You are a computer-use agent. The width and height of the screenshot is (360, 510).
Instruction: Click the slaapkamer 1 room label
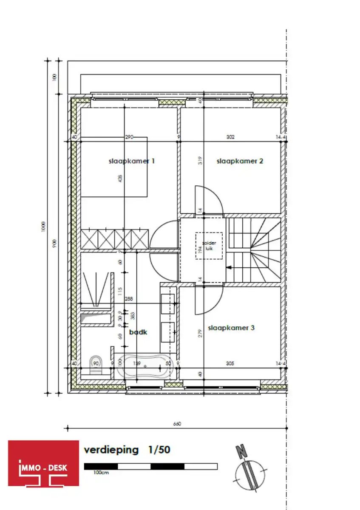tap(132, 161)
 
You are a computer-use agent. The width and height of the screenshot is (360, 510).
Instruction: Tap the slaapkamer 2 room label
tap(240, 161)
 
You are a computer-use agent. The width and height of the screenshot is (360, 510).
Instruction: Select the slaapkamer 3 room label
tap(231, 328)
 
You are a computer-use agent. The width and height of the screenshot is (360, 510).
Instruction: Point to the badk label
tap(138, 332)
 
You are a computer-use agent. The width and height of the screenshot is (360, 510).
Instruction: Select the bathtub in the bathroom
tap(145, 366)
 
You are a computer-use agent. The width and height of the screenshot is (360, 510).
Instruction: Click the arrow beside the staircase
tap(228, 267)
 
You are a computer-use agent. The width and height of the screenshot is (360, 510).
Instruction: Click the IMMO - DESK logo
tap(44, 463)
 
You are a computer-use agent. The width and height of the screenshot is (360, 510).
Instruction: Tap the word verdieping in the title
tap(111, 450)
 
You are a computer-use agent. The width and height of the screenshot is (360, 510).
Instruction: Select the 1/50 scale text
tap(159, 450)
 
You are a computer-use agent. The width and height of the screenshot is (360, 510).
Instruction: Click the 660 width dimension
tap(177, 423)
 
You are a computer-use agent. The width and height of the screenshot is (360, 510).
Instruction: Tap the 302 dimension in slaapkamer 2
tap(230, 137)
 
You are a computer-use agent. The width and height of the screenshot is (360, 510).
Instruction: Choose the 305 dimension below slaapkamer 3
tap(230, 363)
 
